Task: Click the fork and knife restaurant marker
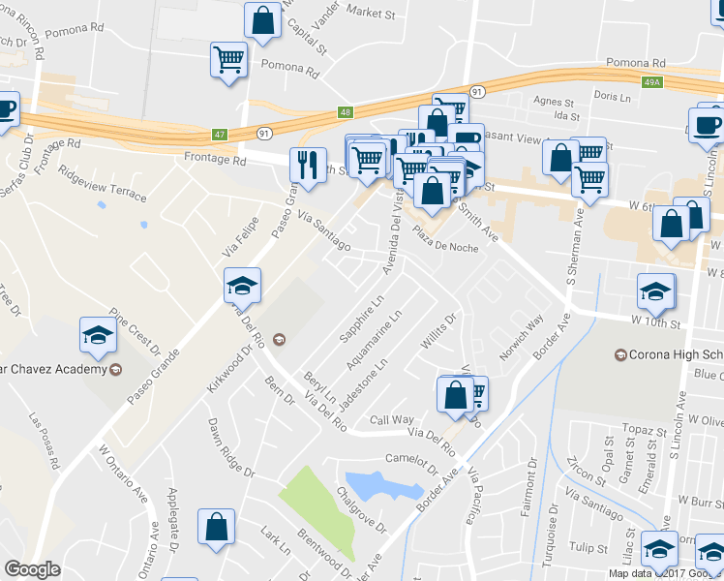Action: pyautogui.click(x=308, y=164)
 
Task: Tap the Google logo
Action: pyautogui.click(x=32, y=569)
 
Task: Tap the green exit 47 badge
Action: pyautogui.click(x=221, y=134)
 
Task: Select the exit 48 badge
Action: pyautogui.click(x=346, y=112)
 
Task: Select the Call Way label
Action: pyautogui.click(x=392, y=420)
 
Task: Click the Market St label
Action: pyautogui.click(x=371, y=13)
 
